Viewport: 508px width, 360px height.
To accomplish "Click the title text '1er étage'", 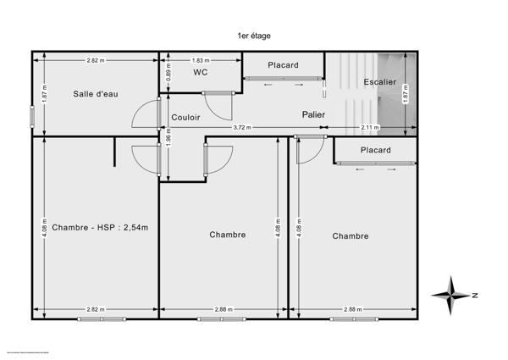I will point(254,36).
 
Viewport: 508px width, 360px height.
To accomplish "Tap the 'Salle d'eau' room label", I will point(96,93).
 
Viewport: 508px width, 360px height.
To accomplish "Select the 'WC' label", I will point(201,73).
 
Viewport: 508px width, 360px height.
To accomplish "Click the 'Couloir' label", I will point(185,117).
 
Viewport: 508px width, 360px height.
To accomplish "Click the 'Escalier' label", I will point(378,82).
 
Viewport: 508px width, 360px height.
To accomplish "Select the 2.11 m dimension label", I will point(370,127).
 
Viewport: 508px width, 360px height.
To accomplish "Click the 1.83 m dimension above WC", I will point(201,60).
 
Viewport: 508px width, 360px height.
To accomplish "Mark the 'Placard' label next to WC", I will point(283,65).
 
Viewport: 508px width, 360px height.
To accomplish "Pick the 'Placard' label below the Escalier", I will point(375,150).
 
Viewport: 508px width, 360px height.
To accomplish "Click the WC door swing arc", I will point(220,105).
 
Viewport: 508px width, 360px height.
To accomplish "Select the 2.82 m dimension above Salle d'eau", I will point(96,60).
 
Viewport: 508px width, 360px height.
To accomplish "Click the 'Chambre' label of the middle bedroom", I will point(227,235).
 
